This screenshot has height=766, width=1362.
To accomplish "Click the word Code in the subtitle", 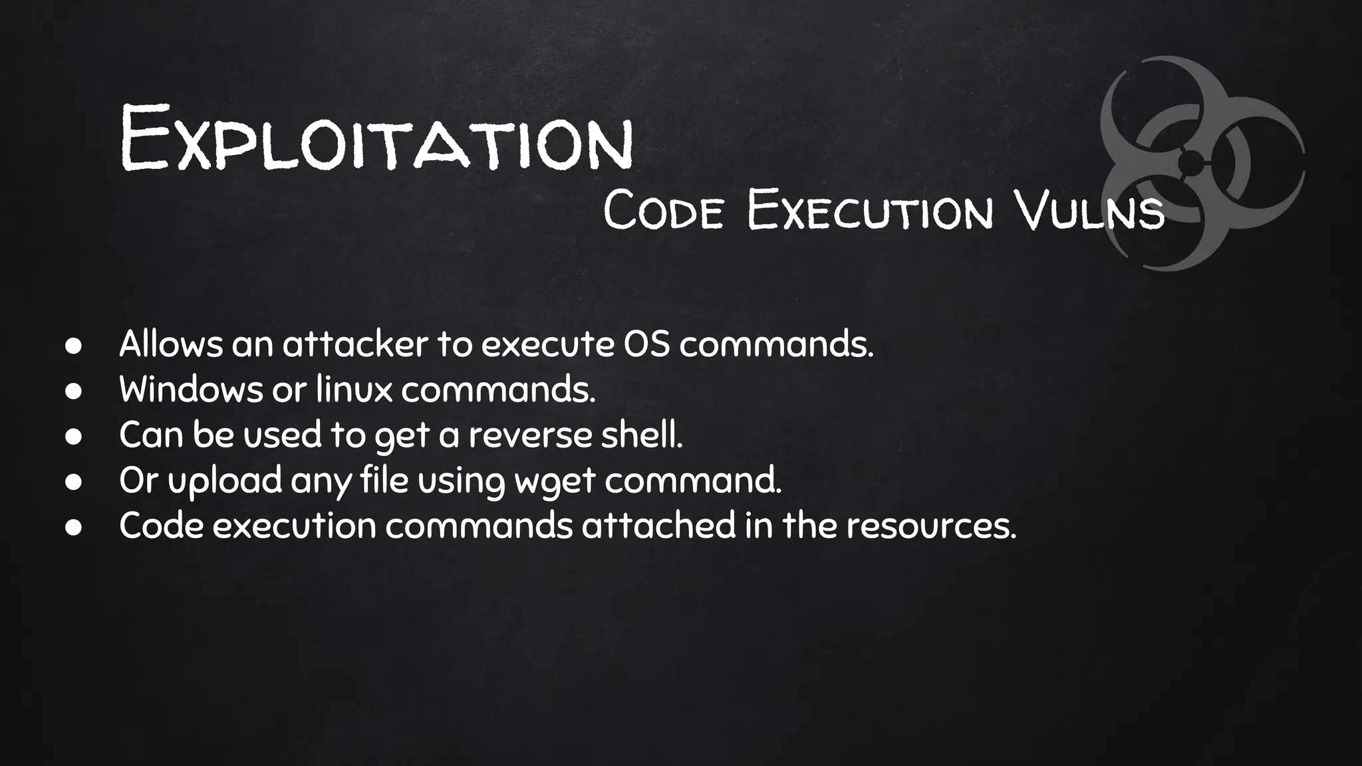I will [662, 210].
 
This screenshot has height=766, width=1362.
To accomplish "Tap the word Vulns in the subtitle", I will [1091, 210].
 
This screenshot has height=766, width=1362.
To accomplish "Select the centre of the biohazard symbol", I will [1190, 162].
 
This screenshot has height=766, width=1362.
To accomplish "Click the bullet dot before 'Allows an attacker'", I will [73, 346].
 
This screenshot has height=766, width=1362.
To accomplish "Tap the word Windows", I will [191, 390].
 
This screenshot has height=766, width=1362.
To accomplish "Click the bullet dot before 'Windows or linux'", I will [73, 392].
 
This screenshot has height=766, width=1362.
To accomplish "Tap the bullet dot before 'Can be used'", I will [73, 437].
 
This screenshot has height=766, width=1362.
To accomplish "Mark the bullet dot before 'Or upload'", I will [73, 482].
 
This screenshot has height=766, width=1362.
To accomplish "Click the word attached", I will [658, 525].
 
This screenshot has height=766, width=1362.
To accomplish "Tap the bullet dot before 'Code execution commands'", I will [73, 527].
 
